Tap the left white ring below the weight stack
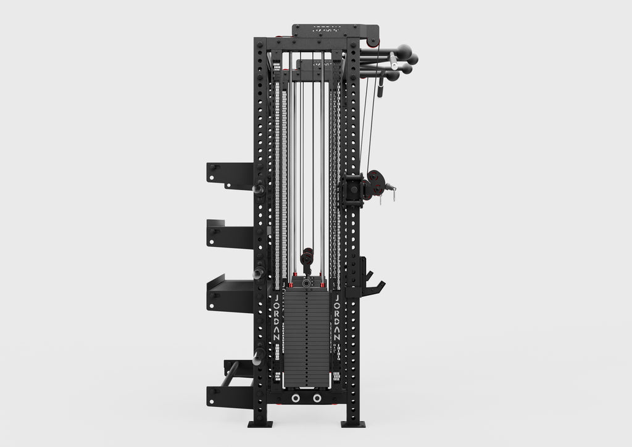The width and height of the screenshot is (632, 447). tap(297, 398)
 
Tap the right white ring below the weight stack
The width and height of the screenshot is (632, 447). tap(317, 398)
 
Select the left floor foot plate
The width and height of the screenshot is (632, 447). tap(260, 424)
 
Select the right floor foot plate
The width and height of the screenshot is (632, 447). tap(353, 424)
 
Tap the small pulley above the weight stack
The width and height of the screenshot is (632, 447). tap(307, 254)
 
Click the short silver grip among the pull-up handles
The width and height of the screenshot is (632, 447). tap(394, 62)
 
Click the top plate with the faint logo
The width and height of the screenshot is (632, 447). tap(335, 30)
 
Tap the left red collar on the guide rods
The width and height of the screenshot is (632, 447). tap(290, 285)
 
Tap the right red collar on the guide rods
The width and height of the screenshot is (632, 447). tap(322, 285)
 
